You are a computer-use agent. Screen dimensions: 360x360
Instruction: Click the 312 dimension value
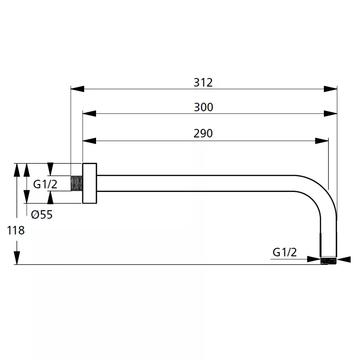pos(203,83)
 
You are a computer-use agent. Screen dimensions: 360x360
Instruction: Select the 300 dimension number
pos(204,107)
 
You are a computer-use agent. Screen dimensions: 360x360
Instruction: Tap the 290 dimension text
pos(203,133)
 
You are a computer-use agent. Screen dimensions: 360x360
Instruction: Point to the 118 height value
pos(16,230)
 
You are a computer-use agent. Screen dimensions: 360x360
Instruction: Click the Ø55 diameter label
pos(42,214)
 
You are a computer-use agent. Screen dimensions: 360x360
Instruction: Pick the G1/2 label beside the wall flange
pos(45,184)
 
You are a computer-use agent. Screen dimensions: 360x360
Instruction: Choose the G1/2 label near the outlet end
pos(284,253)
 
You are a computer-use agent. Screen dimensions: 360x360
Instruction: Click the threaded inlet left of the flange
pos(77,183)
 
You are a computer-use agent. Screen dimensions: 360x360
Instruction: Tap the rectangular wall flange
pos(89,183)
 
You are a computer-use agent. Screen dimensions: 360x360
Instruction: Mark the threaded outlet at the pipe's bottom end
pos(328,261)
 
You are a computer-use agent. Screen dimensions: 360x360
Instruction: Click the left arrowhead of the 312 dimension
pos(78,89)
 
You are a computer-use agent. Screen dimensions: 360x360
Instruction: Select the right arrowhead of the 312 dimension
pos(331,89)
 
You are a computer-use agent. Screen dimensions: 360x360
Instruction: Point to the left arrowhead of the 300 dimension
pos(89,113)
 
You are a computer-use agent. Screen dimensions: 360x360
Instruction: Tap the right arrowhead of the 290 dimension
pos(321,141)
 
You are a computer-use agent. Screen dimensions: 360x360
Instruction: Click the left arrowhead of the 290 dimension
pos(89,141)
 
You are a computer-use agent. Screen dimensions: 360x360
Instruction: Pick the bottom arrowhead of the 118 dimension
pos(17,258)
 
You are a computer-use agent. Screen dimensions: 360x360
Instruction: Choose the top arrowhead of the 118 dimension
pos(17,170)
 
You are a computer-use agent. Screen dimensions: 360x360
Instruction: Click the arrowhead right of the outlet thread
pos(344,260)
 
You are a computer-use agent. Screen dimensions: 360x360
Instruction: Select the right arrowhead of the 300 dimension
pos(331,113)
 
